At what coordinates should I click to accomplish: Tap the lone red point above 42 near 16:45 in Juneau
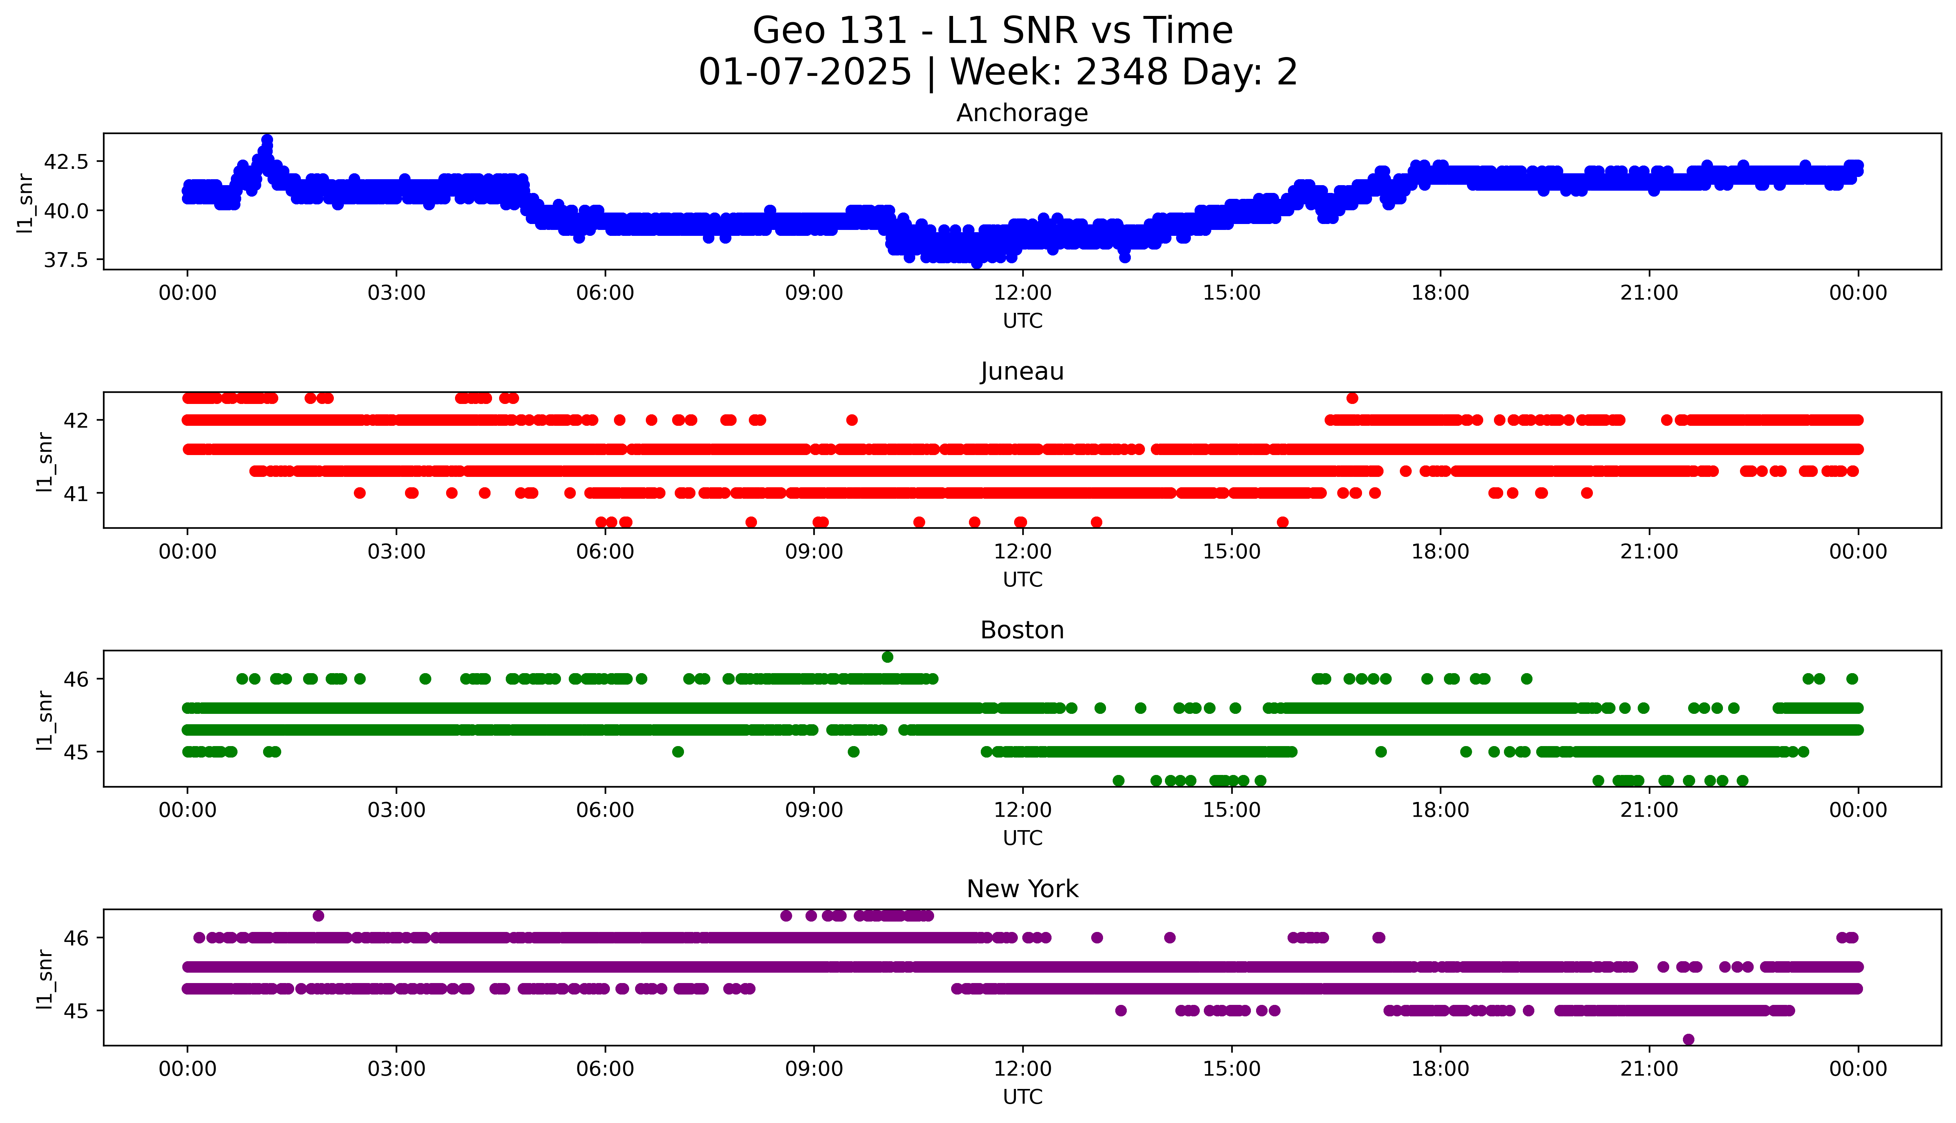[x=1352, y=398]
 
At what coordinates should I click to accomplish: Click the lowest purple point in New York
[x=1688, y=1039]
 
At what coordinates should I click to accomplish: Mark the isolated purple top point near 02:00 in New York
[x=318, y=916]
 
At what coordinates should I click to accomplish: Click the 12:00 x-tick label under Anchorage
[x=1022, y=293]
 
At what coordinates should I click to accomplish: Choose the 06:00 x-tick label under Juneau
[x=605, y=551]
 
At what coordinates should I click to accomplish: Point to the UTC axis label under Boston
[x=1022, y=838]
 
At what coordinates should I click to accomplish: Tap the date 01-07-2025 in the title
[x=805, y=73]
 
